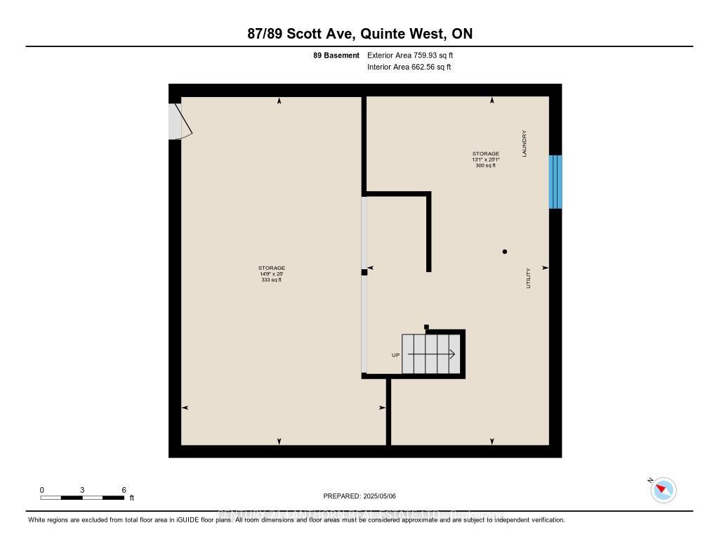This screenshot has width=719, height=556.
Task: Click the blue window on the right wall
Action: click(555, 182)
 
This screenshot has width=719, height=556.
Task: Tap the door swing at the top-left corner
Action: click(180, 122)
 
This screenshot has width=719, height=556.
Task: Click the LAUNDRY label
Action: click(525, 143)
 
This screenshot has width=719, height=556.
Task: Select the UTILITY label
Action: click(529, 278)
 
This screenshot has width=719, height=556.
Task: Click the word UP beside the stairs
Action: click(395, 355)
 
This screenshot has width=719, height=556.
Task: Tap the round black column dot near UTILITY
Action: click(504, 252)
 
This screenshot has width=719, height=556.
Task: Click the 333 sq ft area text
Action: click(270, 280)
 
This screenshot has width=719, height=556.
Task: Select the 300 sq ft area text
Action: click(485, 165)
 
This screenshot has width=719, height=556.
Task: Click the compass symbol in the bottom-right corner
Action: click(664, 490)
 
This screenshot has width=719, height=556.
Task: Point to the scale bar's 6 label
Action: click(124, 490)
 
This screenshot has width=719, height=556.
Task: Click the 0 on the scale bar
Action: click(41, 490)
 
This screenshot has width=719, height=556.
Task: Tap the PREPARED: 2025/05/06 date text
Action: click(359, 496)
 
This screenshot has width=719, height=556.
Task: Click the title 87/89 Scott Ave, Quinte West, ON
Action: click(359, 34)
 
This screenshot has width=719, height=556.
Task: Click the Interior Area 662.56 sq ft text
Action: click(409, 67)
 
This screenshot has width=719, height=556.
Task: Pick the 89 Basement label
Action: click(336, 55)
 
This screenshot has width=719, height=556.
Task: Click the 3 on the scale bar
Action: click(82, 490)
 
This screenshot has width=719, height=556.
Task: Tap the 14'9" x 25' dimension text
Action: click(271, 274)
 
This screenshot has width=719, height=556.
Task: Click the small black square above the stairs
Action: click(426, 326)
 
